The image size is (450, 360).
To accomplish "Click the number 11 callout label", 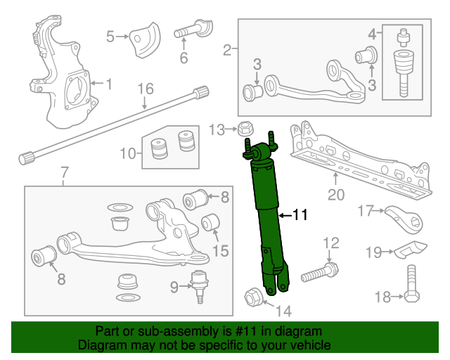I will pos(300,216).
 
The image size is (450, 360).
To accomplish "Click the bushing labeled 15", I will pos(212,224).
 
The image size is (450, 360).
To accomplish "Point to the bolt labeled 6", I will pos(192,32).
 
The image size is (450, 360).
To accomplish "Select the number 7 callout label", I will pos(64,172).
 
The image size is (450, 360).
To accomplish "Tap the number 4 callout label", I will pos(372,32).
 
